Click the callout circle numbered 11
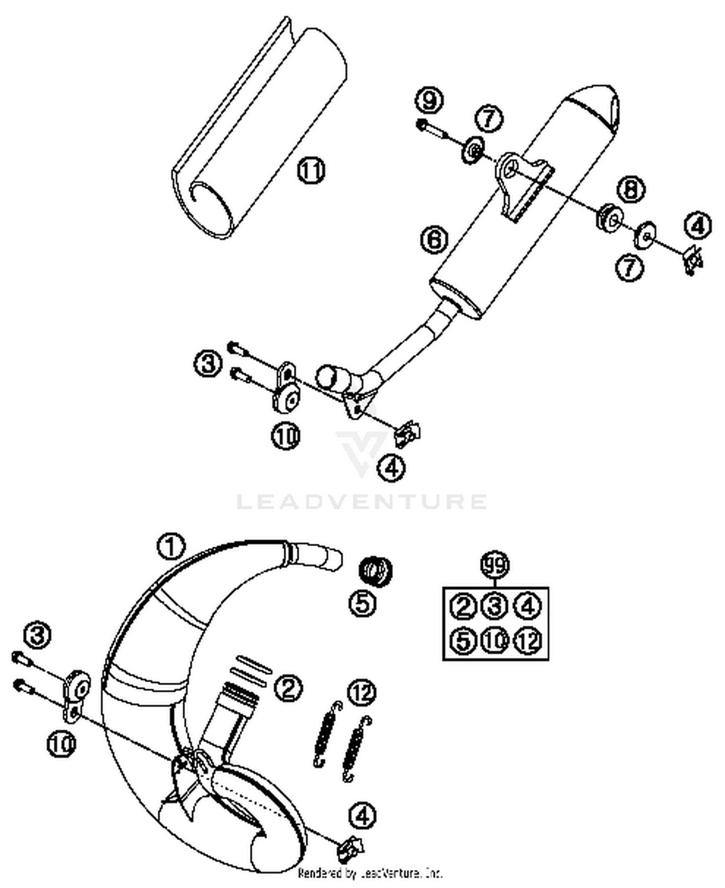pyautogui.click(x=310, y=170)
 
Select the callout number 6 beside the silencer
pyautogui.click(x=435, y=239)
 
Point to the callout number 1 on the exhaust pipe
pyautogui.click(x=171, y=547)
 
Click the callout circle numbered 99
pyautogui.click(x=495, y=564)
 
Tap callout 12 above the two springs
pyautogui.click(x=362, y=692)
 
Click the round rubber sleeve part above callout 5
pyautogui.click(x=375, y=570)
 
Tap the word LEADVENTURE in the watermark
pyautogui.click(x=362, y=501)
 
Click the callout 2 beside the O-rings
pyautogui.click(x=288, y=688)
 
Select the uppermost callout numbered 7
pyautogui.click(x=489, y=118)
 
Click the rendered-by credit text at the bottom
pyautogui.click(x=370, y=873)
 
